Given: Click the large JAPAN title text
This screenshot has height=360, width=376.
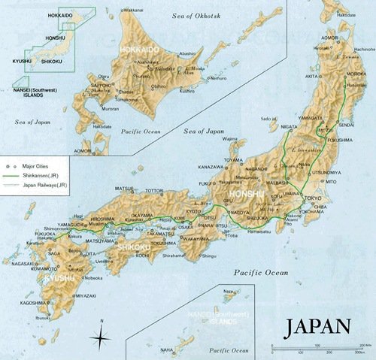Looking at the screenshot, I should pyautogui.click(x=317, y=326).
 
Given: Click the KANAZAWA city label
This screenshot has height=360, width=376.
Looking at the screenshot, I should pyautogui.click(x=211, y=166).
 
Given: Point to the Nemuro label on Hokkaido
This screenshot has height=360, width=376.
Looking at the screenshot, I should pyautogui.click(x=218, y=77).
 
